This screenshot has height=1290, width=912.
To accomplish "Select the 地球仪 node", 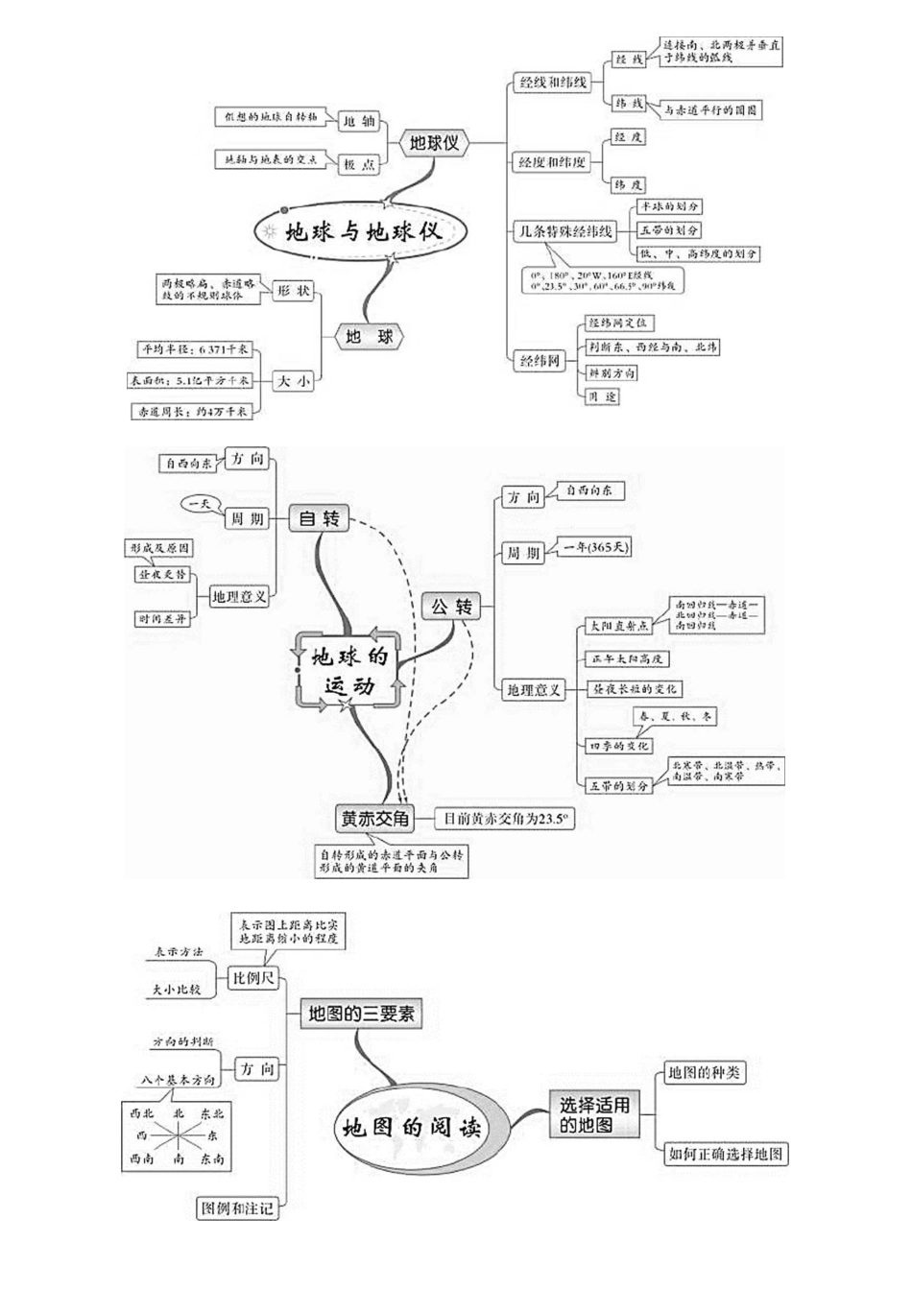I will click(434, 143).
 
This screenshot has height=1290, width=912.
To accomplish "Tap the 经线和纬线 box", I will click(552, 83).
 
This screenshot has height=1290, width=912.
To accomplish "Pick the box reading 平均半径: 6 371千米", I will click(195, 349).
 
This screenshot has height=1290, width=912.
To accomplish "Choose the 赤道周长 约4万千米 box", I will click(192, 411).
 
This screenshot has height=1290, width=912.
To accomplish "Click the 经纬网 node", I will click(540, 361).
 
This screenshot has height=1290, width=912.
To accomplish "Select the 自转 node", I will click(320, 518).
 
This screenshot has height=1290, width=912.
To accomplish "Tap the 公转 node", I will click(450, 607).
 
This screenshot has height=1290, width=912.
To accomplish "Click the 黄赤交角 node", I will click(374, 819).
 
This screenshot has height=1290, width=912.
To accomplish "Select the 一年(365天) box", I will click(595, 548).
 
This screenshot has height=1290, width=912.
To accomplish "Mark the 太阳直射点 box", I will click(617, 626).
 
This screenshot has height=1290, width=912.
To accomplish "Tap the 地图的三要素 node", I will click(361, 1013).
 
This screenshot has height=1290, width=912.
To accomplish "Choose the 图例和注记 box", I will click(236, 1207).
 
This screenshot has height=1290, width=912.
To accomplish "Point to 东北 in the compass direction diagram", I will click(212, 1113).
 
